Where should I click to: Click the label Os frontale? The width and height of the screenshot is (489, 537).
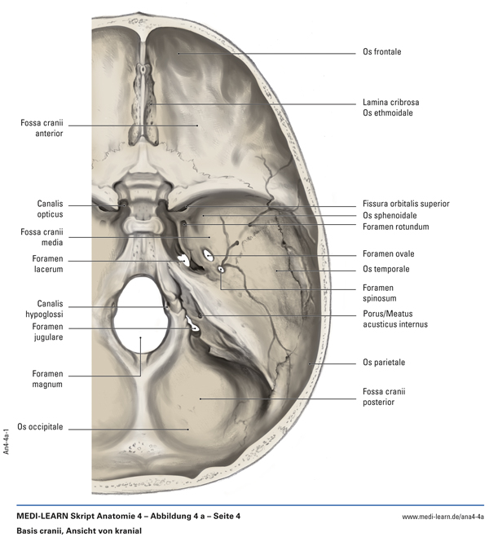point(382,52)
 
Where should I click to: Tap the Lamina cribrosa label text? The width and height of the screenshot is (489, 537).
point(391,103)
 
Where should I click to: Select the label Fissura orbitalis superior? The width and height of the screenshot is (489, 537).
point(406,204)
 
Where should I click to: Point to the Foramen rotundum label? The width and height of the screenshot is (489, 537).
point(396,227)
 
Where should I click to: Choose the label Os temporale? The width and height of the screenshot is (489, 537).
point(386,269)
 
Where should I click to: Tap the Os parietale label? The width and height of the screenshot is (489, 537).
point(384,362)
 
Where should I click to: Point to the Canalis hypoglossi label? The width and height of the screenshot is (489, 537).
point(45,309)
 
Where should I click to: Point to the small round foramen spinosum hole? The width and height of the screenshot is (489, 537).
point(221,269)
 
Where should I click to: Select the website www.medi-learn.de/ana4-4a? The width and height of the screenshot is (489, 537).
point(443,517)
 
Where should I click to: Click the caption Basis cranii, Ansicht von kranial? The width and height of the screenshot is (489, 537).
point(73,530)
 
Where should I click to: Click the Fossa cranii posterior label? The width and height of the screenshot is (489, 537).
point(384,397)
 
